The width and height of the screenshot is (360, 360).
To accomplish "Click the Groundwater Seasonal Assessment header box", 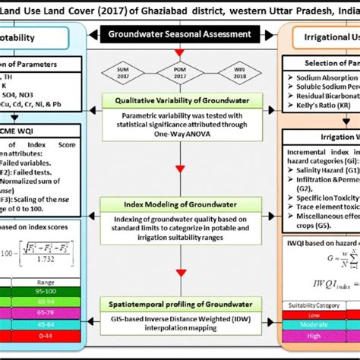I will coord(179,34).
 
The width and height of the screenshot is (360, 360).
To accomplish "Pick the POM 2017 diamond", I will coord(179,74).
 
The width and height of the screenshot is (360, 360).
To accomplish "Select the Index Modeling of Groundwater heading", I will coord(179,204).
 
